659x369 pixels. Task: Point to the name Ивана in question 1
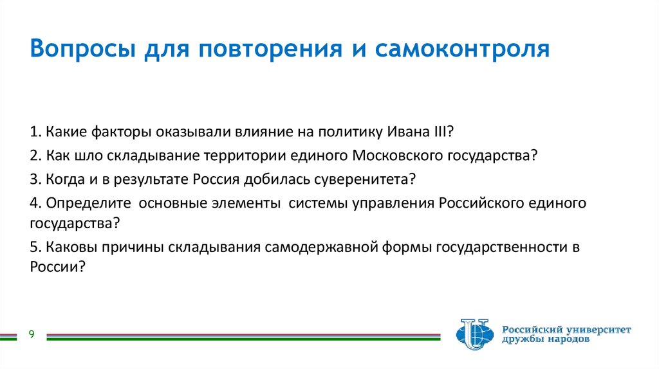[406, 132]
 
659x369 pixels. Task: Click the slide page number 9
[31, 334]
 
